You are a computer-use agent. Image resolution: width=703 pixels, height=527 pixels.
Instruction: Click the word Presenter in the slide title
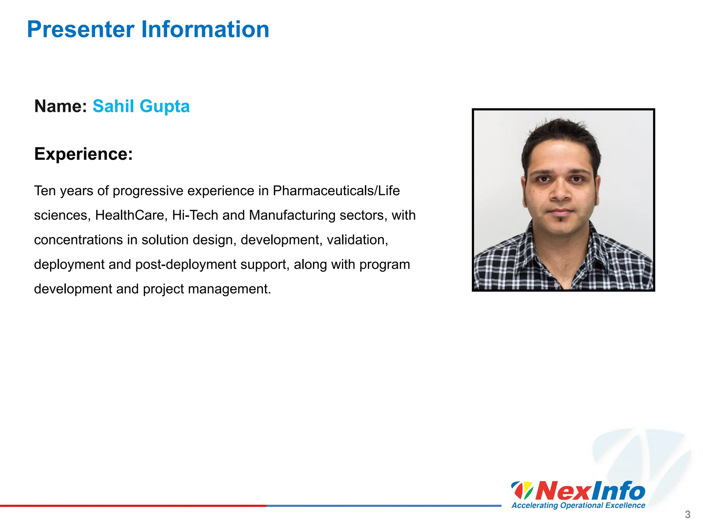(x=81, y=30)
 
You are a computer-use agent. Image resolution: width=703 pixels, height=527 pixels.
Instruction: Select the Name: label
(x=61, y=106)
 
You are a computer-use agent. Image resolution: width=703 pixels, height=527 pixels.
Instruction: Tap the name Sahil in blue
(x=113, y=106)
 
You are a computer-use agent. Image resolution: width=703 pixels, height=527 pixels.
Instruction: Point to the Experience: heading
(x=83, y=154)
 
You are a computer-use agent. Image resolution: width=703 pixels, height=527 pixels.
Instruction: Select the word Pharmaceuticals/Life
(x=336, y=191)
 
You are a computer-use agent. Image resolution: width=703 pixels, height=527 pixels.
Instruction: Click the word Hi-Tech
(x=195, y=215)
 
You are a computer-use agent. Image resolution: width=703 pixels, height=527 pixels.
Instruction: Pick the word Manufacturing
(x=292, y=215)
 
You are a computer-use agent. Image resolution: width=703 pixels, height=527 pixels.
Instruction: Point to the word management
(x=229, y=289)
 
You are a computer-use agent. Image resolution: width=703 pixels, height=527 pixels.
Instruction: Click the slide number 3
(x=688, y=515)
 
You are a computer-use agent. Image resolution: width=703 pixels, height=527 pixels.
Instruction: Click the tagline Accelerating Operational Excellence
(x=578, y=505)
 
